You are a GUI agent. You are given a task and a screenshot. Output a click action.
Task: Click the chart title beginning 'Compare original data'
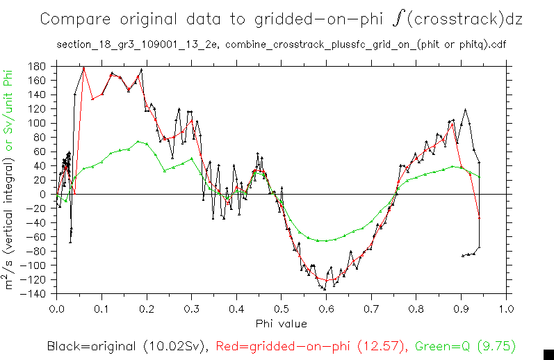[x=281, y=19]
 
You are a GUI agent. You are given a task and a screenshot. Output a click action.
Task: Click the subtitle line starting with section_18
[x=281, y=46]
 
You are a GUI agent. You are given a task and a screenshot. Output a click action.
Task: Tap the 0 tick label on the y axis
[x=43, y=195]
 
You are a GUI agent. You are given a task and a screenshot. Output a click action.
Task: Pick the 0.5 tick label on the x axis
[x=281, y=309]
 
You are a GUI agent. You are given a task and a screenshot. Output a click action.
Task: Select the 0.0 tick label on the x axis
[x=56, y=309]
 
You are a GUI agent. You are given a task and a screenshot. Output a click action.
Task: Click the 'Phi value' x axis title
[x=281, y=322]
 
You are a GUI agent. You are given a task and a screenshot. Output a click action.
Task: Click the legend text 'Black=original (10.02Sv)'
[x=129, y=345]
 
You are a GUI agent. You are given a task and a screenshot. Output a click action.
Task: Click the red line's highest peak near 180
[x=83, y=68]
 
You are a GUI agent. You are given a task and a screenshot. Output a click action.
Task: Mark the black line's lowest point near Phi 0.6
[x=324, y=288]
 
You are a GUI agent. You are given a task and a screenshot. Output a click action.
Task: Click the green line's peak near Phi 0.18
[x=138, y=141]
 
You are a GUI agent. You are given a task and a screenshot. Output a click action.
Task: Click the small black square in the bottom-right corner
[x=547, y=353]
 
